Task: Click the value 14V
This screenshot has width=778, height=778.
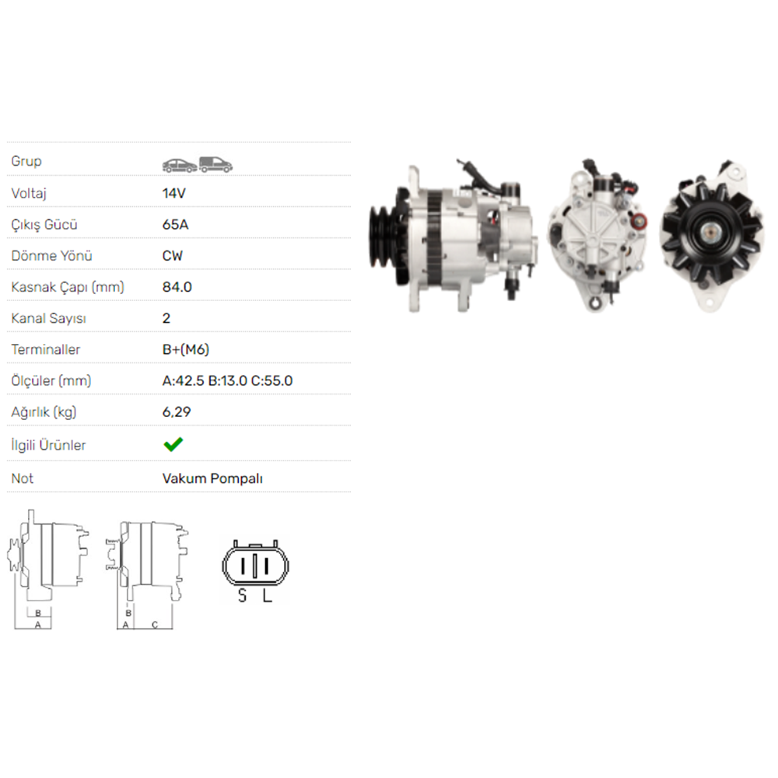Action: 174,193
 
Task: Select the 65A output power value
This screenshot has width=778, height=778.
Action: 175,225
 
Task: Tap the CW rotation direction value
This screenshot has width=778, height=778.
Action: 173,256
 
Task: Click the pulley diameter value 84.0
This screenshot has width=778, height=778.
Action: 177,287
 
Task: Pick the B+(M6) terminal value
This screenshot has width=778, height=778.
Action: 185,349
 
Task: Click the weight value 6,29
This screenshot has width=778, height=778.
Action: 177,412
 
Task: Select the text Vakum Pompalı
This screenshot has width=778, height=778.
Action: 212,478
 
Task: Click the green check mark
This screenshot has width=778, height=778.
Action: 173,444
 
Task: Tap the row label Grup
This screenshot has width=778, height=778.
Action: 26,161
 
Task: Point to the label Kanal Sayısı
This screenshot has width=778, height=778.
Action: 48,318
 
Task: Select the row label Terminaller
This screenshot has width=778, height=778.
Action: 46,349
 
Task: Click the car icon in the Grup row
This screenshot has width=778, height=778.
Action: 179,164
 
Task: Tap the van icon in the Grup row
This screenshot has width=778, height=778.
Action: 216,163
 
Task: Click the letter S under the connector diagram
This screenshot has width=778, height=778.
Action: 242,596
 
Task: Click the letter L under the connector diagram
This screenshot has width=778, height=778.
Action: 266,596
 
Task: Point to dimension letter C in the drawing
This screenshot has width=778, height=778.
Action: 154,625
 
